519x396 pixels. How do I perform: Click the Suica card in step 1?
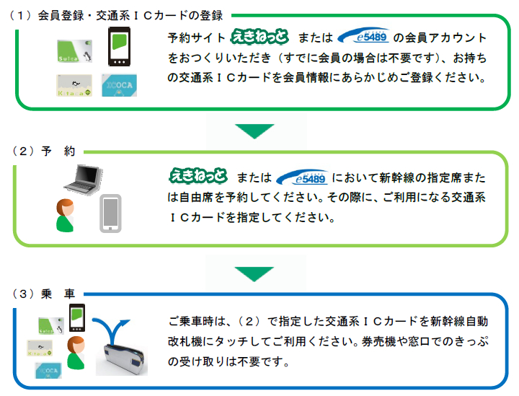pos(74,51)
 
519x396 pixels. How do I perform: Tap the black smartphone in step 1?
pos(119,47)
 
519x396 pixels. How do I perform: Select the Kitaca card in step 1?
pos(74,85)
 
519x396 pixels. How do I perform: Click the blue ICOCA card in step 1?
pos(119,85)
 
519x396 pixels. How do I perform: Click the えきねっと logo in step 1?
pos(259,36)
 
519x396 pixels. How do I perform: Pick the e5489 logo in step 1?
pos(363,36)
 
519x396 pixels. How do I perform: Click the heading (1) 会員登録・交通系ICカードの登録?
pos(116,16)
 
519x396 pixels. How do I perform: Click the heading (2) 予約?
pos(44,151)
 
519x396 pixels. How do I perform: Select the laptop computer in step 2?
pos(84,179)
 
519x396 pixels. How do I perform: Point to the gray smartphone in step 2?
pos(110,214)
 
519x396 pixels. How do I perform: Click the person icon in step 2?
pos(65,215)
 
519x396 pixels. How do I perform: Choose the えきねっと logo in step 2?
pos(199,176)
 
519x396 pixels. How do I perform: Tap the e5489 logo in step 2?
pos(302,177)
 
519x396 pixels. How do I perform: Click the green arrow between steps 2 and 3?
pos(254,274)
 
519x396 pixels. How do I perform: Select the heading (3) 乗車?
pos(44,294)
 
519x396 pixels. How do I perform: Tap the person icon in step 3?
pos(76,353)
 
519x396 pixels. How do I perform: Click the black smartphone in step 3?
pos(77,317)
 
